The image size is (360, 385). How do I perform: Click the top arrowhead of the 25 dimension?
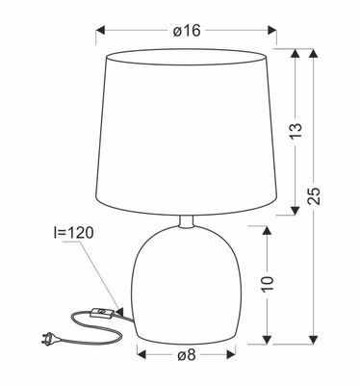tap(312, 54)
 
